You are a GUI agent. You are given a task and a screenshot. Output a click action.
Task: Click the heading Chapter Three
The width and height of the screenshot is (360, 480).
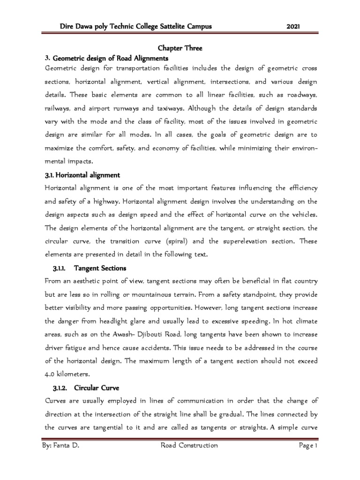[x=179, y=48]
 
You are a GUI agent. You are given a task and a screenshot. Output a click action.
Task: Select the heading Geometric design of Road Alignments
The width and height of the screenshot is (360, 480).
[x=110, y=59]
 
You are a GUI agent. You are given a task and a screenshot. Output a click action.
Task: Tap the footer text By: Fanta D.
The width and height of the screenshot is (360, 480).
[x=60, y=445]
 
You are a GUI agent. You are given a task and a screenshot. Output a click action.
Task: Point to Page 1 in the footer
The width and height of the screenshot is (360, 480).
[x=308, y=445]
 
